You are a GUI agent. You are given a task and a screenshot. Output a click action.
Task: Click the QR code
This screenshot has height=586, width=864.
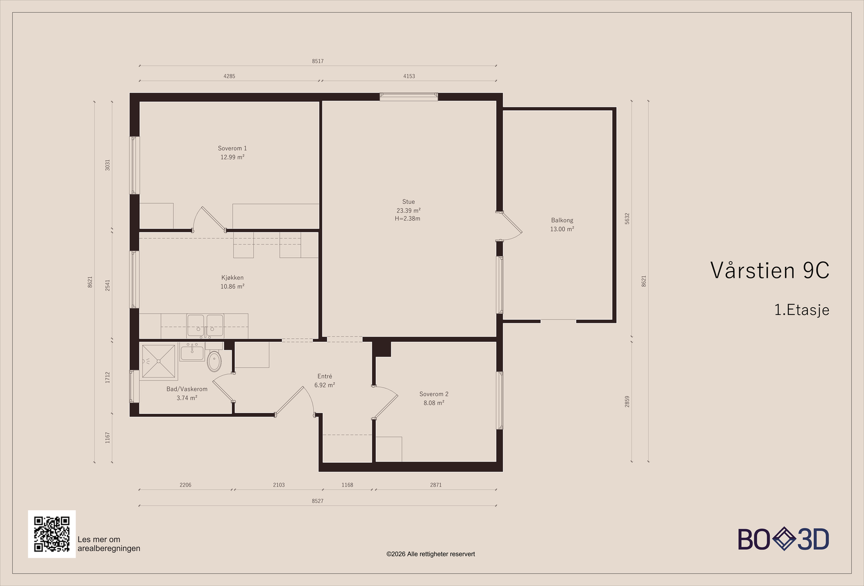click(x=52, y=534)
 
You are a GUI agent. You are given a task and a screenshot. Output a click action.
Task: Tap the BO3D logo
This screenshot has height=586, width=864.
click(x=784, y=539)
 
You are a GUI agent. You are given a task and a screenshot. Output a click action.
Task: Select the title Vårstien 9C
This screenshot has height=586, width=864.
click(x=769, y=270)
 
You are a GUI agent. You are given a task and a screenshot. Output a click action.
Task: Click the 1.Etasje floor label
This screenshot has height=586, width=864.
click(x=801, y=310)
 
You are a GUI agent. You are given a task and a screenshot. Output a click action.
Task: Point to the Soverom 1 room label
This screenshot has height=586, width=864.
click(x=232, y=148)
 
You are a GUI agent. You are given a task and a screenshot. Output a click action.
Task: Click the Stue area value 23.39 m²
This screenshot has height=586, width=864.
click(x=408, y=210)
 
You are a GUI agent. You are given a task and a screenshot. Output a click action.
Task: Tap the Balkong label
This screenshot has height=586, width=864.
click(x=562, y=220)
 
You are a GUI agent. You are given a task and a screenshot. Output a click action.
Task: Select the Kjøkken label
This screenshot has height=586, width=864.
click(x=232, y=278)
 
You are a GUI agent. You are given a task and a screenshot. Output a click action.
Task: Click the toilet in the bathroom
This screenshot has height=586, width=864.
click(x=214, y=361)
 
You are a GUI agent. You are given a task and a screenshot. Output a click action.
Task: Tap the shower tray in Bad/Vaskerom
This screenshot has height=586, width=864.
click(x=159, y=361)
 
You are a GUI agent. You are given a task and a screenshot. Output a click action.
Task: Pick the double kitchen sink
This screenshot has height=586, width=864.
click(x=205, y=326)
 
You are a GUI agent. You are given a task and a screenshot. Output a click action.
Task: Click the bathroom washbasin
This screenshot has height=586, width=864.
click(x=192, y=352)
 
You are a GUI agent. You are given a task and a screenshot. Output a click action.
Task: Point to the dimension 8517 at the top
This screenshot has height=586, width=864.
click(x=318, y=61)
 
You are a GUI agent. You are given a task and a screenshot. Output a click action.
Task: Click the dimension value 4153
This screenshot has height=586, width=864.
click(x=409, y=76)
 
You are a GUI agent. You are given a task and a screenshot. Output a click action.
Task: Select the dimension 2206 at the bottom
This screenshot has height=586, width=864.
click(x=186, y=485)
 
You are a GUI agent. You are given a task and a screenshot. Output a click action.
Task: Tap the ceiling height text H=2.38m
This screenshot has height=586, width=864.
click(x=407, y=218)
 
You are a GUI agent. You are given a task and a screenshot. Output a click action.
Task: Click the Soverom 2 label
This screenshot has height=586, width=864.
click(x=434, y=394)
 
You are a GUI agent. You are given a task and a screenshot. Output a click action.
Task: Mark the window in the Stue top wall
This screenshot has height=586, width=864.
click(x=409, y=97)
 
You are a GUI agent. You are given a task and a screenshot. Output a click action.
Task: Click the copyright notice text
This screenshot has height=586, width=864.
click(x=430, y=554)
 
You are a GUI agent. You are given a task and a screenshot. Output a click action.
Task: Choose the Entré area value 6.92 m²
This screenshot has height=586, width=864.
click(x=325, y=385)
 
